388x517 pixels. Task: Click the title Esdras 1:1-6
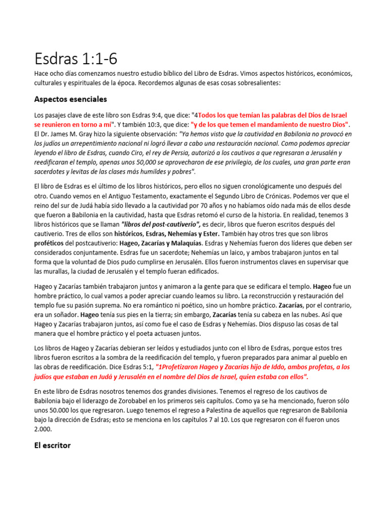[x=76, y=59]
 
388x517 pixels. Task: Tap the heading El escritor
[x=53, y=445]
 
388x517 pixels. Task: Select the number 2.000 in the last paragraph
[x=44, y=429]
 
